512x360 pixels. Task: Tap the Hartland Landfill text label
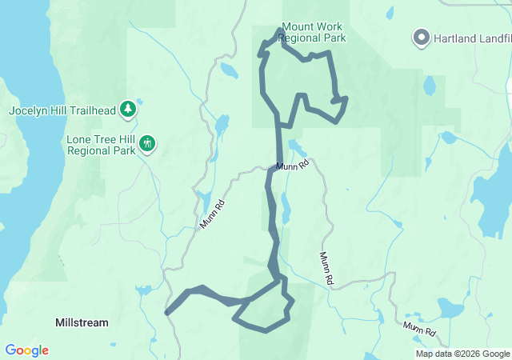click(x=472, y=37)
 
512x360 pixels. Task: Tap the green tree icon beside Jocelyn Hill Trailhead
click(x=127, y=108)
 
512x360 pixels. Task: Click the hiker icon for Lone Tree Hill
click(x=146, y=144)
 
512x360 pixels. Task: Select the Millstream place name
click(x=81, y=322)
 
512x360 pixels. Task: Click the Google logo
click(x=26, y=350)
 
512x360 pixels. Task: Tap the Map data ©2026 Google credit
click(x=462, y=354)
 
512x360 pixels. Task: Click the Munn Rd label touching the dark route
click(x=293, y=166)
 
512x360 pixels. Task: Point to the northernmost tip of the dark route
click(x=280, y=30)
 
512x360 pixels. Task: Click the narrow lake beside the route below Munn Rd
click(x=286, y=210)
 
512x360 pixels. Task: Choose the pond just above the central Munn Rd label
click(x=298, y=149)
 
